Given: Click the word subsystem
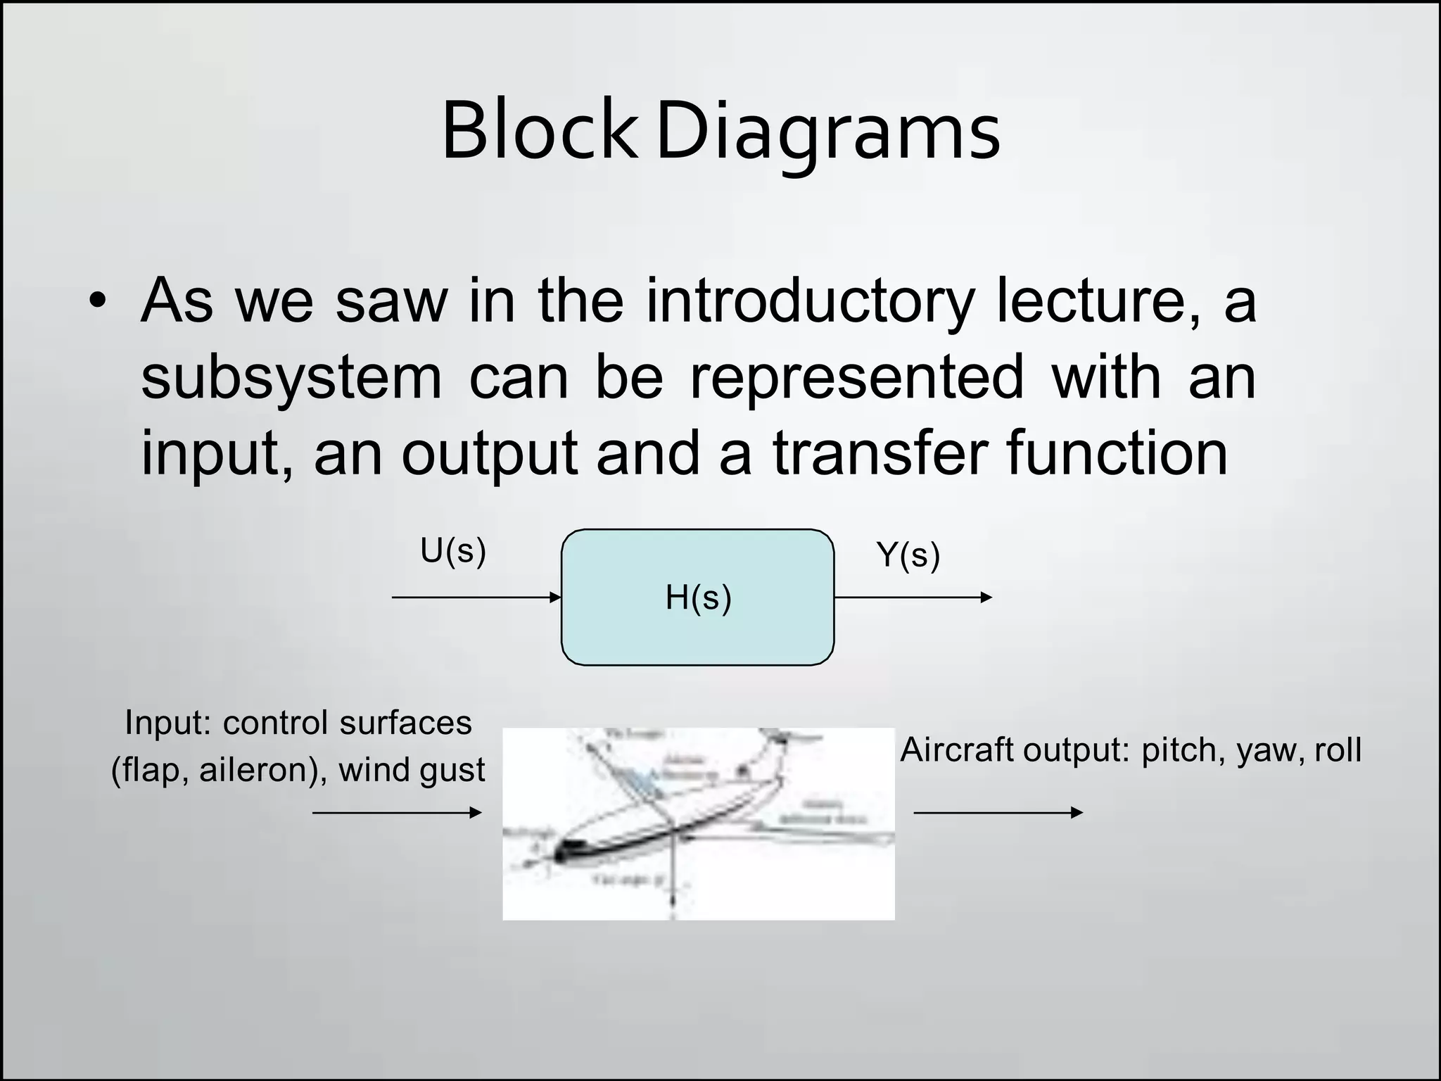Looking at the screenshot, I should click(x=291, y=378).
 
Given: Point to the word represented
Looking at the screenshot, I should click(x=856, y=378).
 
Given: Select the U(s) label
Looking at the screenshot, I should click(x=452, y=551).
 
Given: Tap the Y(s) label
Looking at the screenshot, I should click(x=908, y=555).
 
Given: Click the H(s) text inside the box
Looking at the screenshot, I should click(x=698, y=598).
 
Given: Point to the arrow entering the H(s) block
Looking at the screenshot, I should click(x=476, y=598).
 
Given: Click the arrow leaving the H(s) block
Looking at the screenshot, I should click(x=913, y=598).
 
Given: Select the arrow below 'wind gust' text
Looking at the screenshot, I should click(x=397, y=813).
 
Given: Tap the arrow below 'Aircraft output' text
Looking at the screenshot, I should click(x=997, y=813).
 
